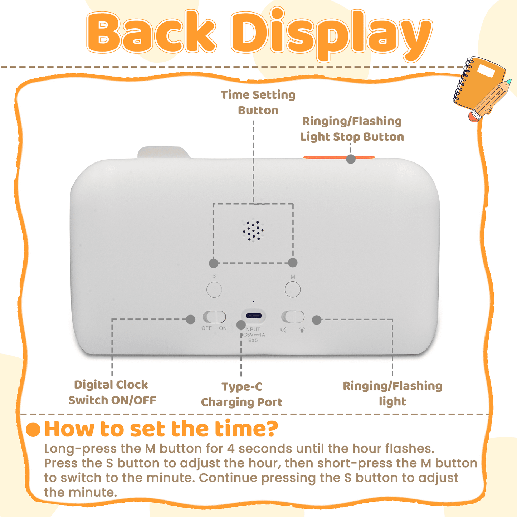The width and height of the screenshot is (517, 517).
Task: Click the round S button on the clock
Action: pyautogui.click(x=214, y=289)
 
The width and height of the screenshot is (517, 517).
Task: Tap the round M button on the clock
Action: pyautogui.click(x=292, y=289)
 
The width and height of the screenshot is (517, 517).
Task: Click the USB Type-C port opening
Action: pyautogui.click(x=254, y=316)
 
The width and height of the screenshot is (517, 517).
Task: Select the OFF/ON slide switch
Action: pyautogui.click(x=214, y=317)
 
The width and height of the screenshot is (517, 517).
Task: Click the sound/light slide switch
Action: pyautogui.click(x=293, y=317)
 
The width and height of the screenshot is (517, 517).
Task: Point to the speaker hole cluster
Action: pyautogui.click(x=253, y=231)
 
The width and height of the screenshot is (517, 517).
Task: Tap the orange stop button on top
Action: pyautogui.click(x=338, y=157)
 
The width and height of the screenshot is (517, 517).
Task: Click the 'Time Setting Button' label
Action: pyautogui.click(x=258, y=103)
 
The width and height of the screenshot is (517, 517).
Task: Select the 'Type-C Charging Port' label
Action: pyautogui.click(x=242, y=394)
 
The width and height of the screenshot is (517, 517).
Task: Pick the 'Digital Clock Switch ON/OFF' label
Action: pyautogui.click(x=112, y=392)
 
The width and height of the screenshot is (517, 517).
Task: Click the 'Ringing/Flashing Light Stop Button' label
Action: pyautogui.click(x=352, y=129)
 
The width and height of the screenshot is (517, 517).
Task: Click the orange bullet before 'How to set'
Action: pyautogui.click(x=33, y=429)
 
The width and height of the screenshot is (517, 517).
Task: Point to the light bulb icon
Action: pyautogui.click(x=302, y=330)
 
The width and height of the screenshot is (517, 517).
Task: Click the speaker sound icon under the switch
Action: pyautogui.click(x=283, y=330)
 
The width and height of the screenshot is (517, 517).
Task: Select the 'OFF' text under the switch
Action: pyautogui.click(x=206, y=328)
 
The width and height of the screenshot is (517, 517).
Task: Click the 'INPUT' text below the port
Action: pyautogui.click(x=253, y=329)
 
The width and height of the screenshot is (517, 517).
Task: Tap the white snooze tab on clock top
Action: pyautogui.click(x=163, y=152)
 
